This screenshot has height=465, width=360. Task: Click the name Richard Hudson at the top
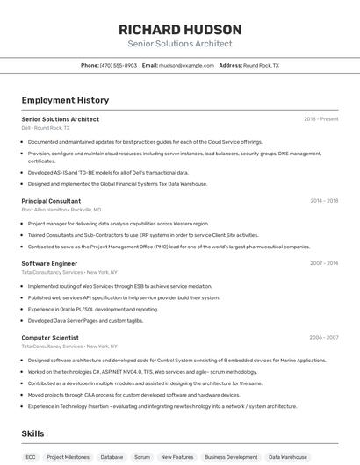[180, 30]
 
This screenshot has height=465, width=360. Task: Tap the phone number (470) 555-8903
[119, 65]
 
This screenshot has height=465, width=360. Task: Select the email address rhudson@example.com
[186, 65]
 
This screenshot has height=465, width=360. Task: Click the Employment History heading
[65, 101]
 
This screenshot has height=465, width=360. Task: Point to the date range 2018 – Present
[321, 119]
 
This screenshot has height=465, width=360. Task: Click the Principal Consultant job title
[51, 201]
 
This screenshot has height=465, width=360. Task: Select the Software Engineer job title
[49, 263]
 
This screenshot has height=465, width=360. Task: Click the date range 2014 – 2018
[324, 201]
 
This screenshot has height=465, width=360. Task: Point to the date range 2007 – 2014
[324, 263]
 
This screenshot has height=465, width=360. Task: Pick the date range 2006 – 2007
[324, 337]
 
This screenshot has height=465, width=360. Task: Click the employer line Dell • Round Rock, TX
[46, 128]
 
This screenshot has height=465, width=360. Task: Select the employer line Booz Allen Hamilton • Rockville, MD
[61, 210]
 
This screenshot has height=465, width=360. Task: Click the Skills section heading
[33, 433]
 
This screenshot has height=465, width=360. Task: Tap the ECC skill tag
[31, 457]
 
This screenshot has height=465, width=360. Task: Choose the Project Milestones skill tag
[68, 457]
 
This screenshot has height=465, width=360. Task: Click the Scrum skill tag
[141, 457]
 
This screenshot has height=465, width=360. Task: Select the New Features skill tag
[177, 457]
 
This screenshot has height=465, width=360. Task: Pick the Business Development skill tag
[231, 457]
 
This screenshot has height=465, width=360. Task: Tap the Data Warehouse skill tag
[288, 457]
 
